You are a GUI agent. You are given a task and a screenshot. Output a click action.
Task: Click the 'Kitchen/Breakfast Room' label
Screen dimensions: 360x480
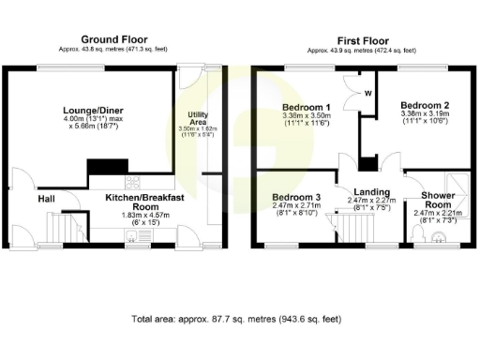(x=130, y=203)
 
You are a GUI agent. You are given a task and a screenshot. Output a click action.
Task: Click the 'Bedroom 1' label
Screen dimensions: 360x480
(x=307, y=108)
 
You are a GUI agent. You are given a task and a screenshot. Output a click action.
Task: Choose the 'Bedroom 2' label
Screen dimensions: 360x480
(x=424, y=104)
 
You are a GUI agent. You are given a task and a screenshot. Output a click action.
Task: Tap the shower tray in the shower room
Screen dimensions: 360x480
(x=456, y=184)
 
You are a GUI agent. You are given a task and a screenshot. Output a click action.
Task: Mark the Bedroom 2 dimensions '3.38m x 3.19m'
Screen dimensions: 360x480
(x=424, y=113)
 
